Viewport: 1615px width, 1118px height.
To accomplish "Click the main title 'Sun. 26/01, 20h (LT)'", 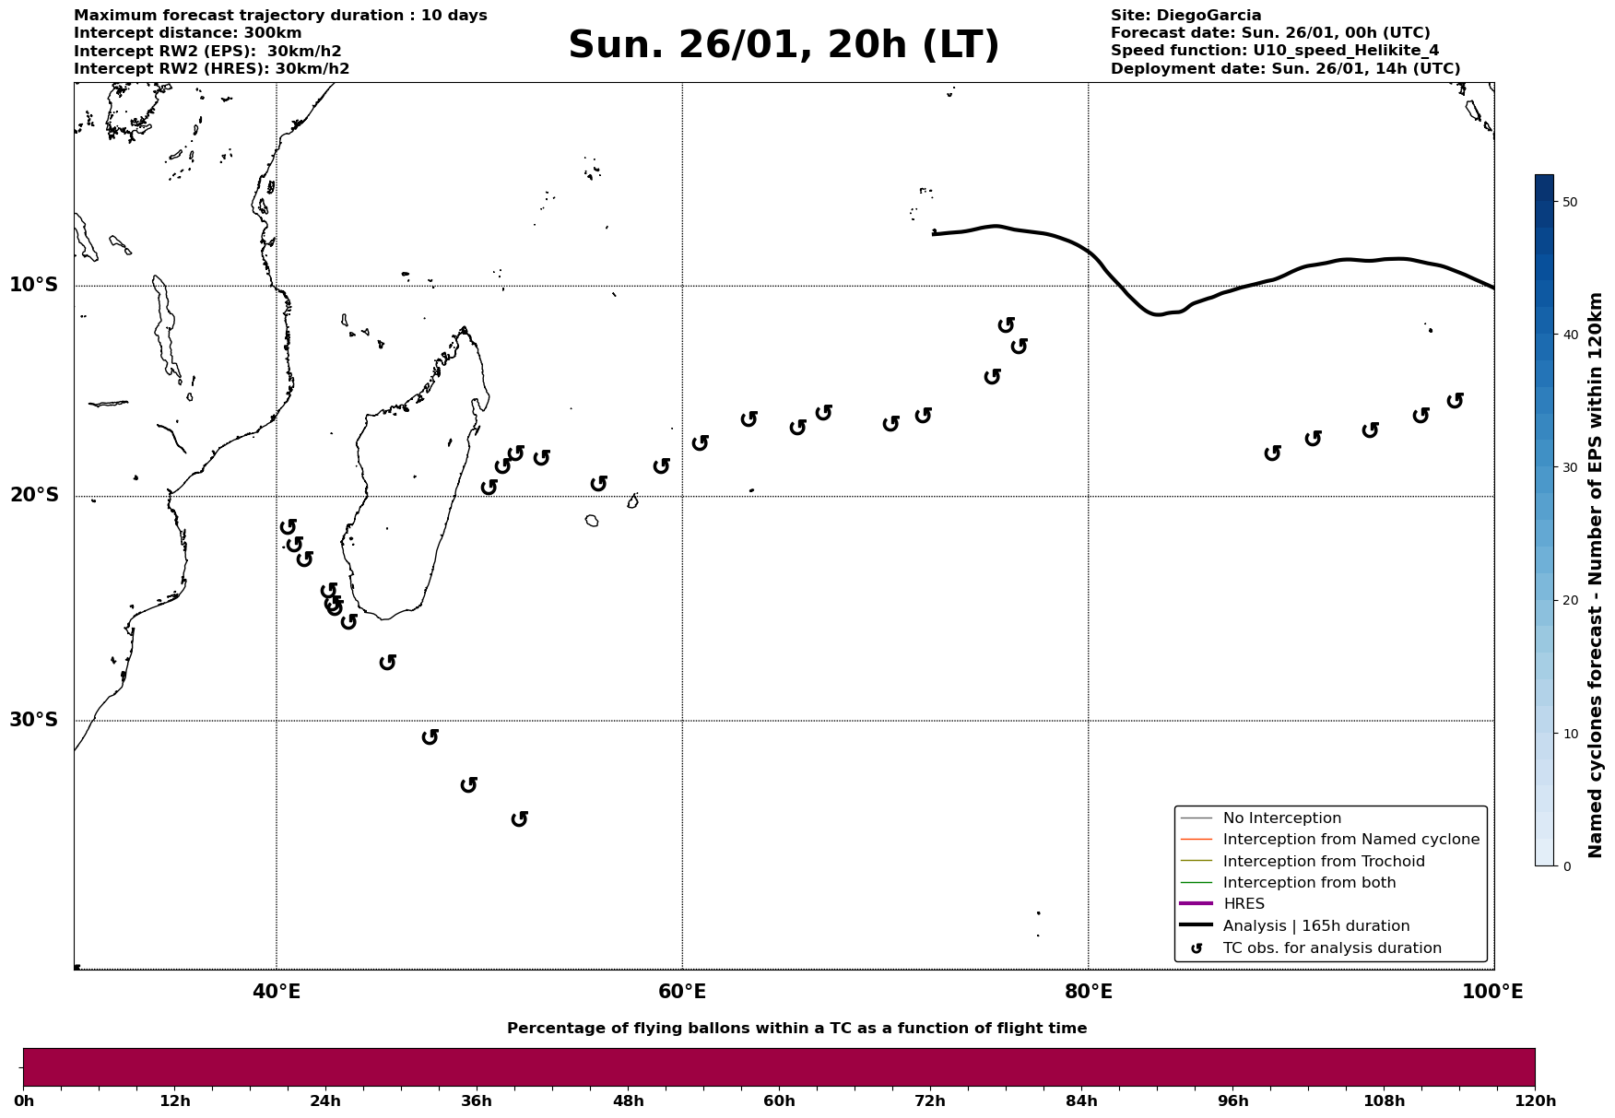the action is (x=784, y=45).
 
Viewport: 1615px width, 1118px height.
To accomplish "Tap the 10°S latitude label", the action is (x=34, y=285).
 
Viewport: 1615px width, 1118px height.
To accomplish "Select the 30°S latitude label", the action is (x=34, y=720).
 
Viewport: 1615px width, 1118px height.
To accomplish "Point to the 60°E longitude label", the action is (x=682, y=992).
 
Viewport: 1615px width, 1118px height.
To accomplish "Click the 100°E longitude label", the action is (x=1492, y=992).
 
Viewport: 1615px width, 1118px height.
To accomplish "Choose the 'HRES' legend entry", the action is (x=1244, y=904).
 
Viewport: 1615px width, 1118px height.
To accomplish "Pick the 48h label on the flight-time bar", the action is (x=628, y=1100).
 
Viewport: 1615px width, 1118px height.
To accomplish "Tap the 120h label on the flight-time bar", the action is (x=1535, y=1100).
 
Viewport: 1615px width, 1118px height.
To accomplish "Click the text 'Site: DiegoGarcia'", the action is (x=1185, y=16).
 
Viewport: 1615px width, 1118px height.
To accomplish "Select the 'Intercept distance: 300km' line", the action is (x=187, y=33).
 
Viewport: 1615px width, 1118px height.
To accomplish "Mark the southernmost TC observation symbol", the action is (x=519, y=818).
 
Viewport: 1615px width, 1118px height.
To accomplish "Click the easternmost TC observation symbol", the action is (x=1455, y=400).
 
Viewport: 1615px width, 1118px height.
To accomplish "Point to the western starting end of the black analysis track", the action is (x=934, y=234).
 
